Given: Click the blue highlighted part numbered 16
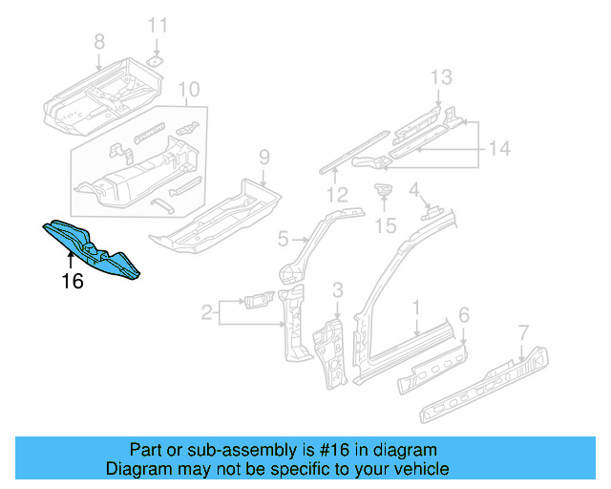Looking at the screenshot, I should [91, 249].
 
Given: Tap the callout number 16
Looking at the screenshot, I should [73, 281].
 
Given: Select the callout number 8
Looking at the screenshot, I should [99, 41].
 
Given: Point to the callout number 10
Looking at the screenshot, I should [189, 91].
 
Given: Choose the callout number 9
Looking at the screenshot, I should [264, 158].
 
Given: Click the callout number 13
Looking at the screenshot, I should [439, 77].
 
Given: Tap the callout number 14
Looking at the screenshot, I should [500, 148].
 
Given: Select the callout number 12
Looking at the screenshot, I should [335, 196].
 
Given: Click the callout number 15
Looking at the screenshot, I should [385, 225].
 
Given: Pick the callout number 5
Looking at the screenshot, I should [284, 238].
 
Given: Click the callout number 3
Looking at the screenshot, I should [337, 289].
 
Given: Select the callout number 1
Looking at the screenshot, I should [416, 308].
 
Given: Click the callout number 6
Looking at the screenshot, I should [464, 314].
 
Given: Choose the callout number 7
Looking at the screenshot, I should [522, 332].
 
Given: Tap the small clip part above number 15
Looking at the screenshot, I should [384, 190].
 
